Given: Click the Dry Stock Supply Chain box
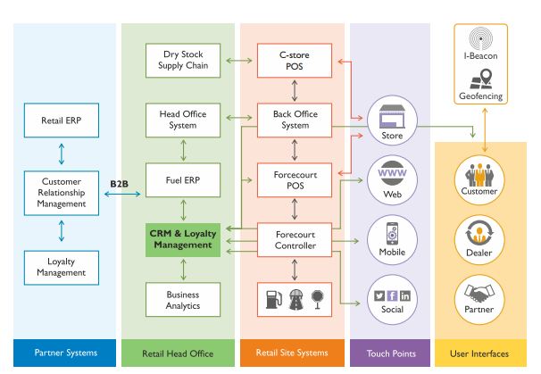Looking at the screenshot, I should coord(182,60).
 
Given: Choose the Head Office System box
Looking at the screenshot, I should coord(182,119).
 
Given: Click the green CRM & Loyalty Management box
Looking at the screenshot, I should coord(182,238).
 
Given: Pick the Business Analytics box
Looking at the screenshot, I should coord(182,298).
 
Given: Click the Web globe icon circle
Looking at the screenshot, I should coord(391,178).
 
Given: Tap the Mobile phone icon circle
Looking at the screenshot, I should coord(391,237).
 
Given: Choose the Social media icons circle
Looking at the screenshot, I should coord(391,297).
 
